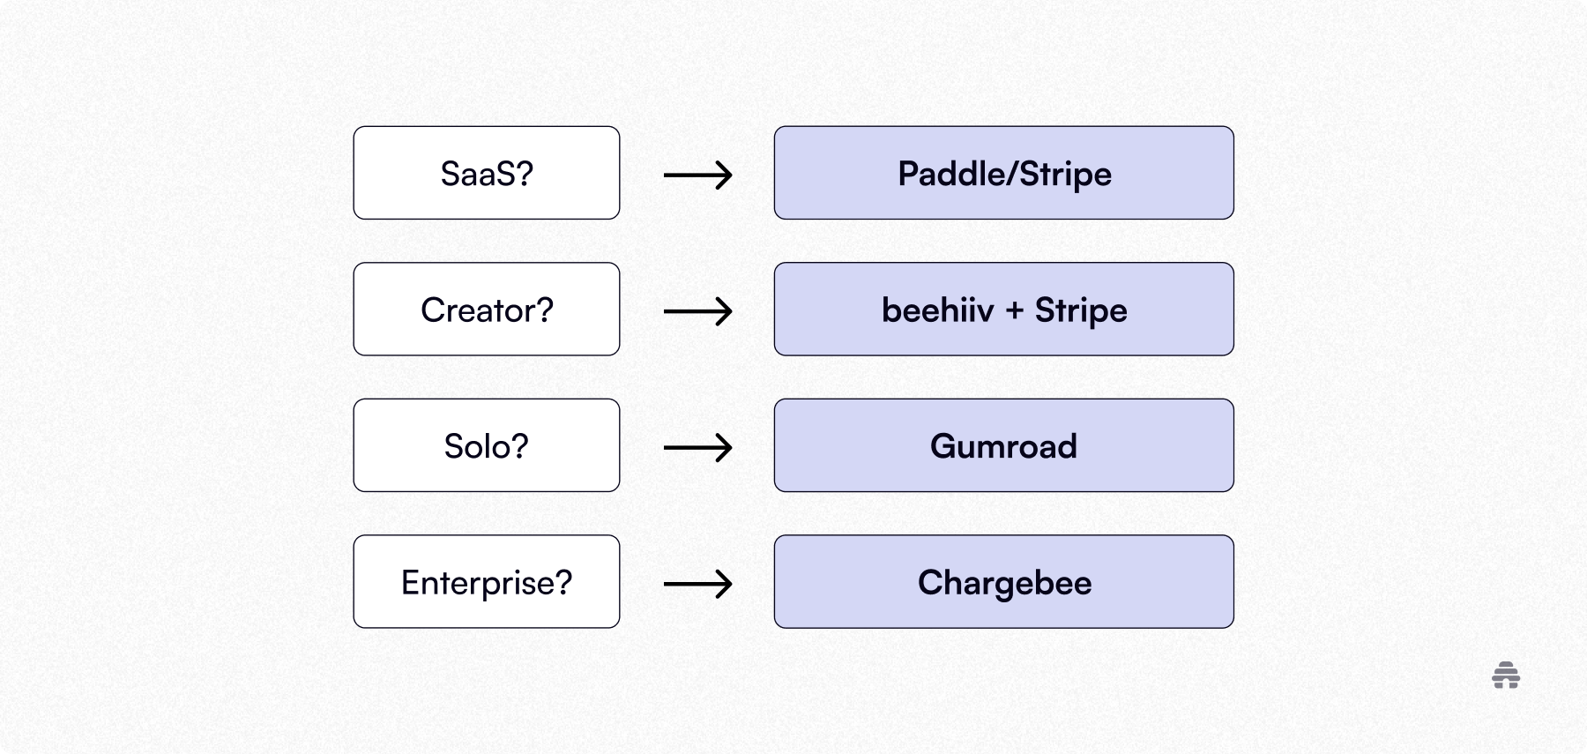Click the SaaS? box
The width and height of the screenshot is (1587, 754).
click(487, 173)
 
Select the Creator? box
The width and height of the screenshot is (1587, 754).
click(487, 310)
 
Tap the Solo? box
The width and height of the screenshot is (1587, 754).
click(487, 445)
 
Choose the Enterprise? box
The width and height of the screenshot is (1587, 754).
click(487, 582)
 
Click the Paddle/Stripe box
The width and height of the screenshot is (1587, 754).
click(1003, 173)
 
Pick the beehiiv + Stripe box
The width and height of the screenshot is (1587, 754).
click(1003, 310)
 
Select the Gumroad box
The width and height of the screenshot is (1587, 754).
click(1003, 445)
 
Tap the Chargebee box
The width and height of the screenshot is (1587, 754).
click(1003, 582)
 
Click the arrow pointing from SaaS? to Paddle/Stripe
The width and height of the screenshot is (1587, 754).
click(697, 175)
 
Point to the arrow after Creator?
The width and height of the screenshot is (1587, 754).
click(697, 311)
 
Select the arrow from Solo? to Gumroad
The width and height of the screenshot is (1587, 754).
click(697, 447)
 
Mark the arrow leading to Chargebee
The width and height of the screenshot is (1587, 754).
click(697, 584)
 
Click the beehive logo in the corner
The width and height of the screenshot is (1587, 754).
click(1506, 676)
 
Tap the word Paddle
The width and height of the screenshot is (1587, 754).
click(948, 174)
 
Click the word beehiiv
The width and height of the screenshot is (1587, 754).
click(937, 310)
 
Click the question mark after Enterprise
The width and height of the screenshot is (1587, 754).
click(563, 582)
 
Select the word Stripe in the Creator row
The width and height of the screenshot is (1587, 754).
click(1081, 310)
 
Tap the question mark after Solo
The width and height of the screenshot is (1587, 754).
click(518, 446)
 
